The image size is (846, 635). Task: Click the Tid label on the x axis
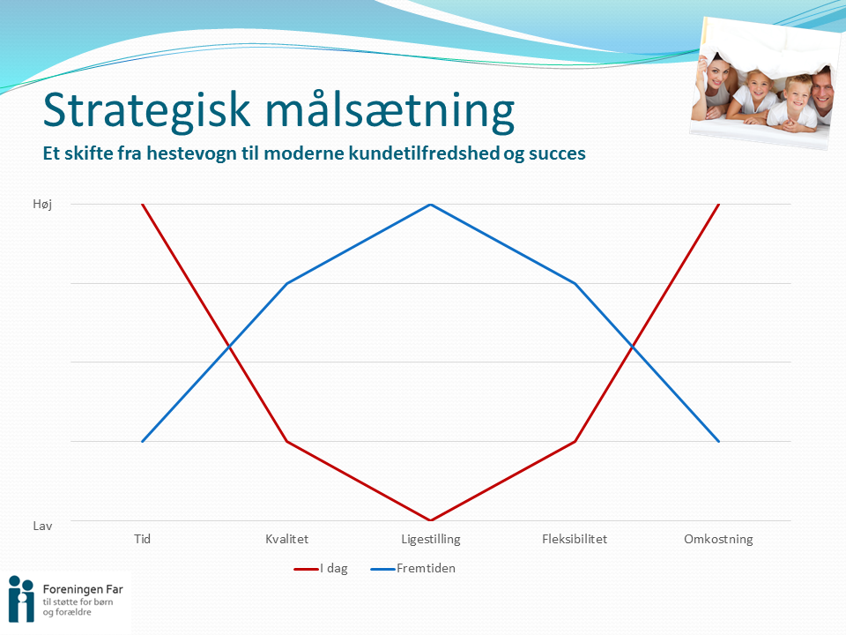coord(143,539)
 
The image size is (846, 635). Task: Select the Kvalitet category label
coord(287,539)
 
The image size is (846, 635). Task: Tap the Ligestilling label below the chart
coord(431,540)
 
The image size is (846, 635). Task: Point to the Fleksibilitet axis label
coord(575,539)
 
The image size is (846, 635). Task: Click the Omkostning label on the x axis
coord(719,540)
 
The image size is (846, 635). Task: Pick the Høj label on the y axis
coord(42,204)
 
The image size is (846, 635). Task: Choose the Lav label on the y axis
coord(42,526)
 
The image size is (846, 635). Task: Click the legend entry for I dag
coord(321,569)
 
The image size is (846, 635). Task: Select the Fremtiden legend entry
coord(413,569)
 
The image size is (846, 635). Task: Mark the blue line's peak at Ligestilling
coord(431,204)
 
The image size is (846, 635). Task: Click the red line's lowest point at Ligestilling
coord(431,520)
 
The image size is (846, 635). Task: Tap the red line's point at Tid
coord(143,204)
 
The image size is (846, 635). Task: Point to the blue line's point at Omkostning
coord(719,441)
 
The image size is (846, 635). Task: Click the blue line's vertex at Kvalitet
coord(287,283)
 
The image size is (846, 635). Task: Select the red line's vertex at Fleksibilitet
coord(575,441)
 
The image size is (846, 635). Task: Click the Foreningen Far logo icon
coord(21,599)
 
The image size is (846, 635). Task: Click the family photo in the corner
coord(765,84)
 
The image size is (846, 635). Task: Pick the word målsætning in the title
coord(390,112)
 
